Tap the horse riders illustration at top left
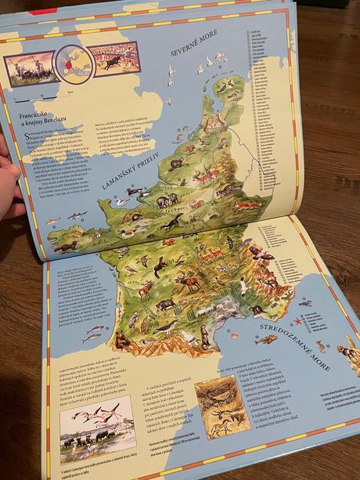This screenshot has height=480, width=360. click(29, 68)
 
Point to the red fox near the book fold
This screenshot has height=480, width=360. click(247, 205)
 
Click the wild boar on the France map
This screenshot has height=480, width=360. click(167, 305)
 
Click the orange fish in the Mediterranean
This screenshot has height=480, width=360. click(267, 339)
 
